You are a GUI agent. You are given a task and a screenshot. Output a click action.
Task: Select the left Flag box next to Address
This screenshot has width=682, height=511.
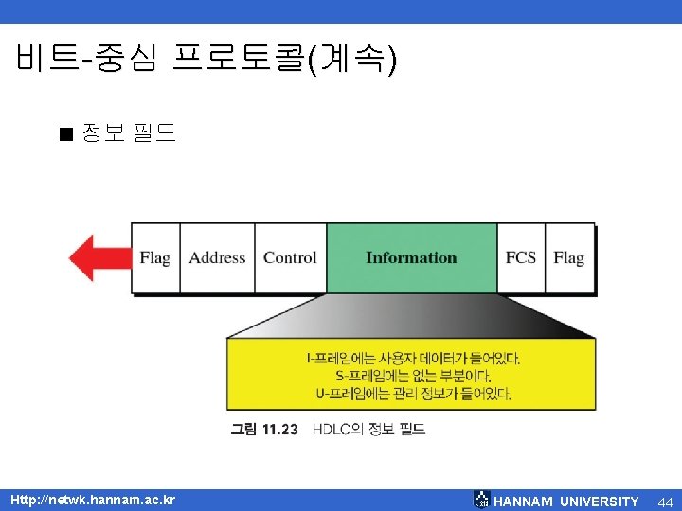click(x=155, y=258)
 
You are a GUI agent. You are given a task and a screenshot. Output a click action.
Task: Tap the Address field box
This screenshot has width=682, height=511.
click(x=217, y=258)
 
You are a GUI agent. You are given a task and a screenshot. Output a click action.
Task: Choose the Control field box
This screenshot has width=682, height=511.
click(x=290, y=258)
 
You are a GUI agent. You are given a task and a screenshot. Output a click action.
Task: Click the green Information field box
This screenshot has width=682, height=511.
click(x=411, y=258)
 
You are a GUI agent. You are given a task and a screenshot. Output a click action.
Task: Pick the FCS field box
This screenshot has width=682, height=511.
click(x=521, y=258)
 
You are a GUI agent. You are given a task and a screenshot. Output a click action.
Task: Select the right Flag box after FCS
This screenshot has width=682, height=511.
click(x=569, y=258)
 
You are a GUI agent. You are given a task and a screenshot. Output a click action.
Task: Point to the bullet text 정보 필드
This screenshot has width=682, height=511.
click(x=129, y=132)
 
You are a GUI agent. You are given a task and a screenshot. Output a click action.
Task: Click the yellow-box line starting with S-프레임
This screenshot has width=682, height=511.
click(x=411, y=376)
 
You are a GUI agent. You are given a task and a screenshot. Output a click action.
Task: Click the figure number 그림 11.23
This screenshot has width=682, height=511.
click(x=264, y=429)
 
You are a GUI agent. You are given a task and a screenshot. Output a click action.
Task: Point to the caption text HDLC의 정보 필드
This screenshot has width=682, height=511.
click(x=368, y=429)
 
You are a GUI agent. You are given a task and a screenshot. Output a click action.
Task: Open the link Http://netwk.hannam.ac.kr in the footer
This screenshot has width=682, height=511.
click(x=92, y=500)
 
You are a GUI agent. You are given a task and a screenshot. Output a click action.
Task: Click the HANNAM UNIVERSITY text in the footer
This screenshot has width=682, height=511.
click(x=566, y=502)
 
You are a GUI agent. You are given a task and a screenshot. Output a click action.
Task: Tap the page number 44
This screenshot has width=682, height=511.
click(x=664, y=501)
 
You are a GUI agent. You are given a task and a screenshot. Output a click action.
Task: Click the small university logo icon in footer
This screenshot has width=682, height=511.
click(x=482, y=500)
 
